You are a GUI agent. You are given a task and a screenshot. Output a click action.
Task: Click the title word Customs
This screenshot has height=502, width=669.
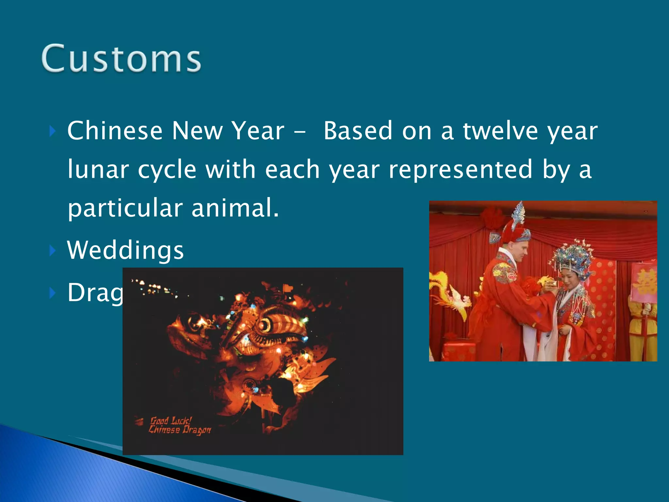point(121,59)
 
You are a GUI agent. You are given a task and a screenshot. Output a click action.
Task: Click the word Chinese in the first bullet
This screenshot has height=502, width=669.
point(115,131)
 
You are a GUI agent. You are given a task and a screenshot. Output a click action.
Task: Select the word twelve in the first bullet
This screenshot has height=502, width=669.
point(500,131)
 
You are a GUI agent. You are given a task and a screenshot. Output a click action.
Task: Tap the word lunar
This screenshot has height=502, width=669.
point(98,169)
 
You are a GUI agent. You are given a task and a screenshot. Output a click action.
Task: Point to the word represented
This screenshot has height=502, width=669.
point(461,169)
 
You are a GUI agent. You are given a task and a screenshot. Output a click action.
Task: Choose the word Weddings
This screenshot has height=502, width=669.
point(125,250)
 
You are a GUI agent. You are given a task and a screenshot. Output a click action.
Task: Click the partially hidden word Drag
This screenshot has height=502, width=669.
point(95,293)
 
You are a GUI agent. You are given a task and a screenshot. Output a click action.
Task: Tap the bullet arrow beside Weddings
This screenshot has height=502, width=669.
point(53,251)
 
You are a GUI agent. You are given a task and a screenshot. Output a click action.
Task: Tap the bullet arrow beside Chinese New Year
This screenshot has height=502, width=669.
point(53,132)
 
